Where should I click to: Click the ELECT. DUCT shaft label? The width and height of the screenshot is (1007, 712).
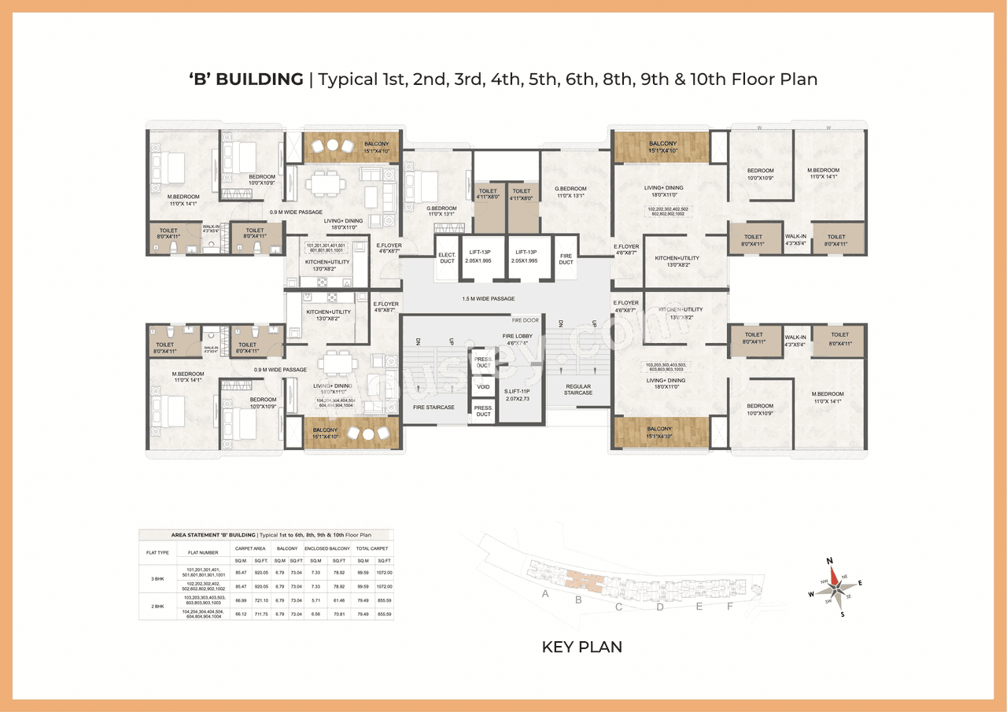(446, 257)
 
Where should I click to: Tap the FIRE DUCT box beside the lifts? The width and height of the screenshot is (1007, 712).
(566, 258)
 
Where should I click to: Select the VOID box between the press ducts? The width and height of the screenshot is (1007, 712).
(483, 387)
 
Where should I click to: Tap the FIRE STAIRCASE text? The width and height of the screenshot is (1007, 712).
(433, 408)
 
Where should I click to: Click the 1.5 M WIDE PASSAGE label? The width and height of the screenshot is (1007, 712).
(489, 299)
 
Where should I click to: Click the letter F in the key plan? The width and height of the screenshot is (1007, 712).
(729, 606)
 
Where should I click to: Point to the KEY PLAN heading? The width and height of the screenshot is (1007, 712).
(581, 647)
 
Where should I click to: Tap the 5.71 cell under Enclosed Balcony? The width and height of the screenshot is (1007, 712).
(315, 599)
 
